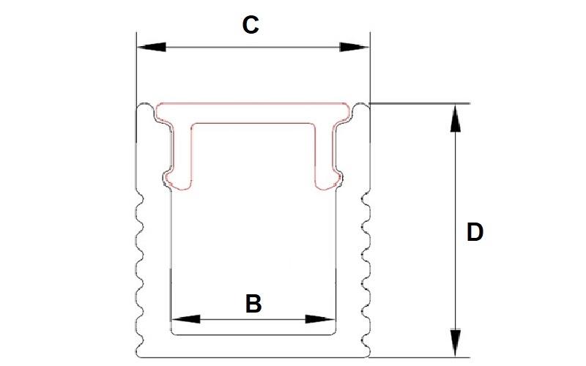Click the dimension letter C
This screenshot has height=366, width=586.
(x=251, y=25)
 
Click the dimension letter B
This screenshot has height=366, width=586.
(x=253, y=303)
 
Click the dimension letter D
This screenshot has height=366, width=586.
(x=475, y=233)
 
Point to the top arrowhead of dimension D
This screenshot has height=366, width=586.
(x=456, y=118)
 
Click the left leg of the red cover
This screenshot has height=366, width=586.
(x=183, y=154)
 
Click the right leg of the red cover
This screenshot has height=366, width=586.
(x=326, y=154)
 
